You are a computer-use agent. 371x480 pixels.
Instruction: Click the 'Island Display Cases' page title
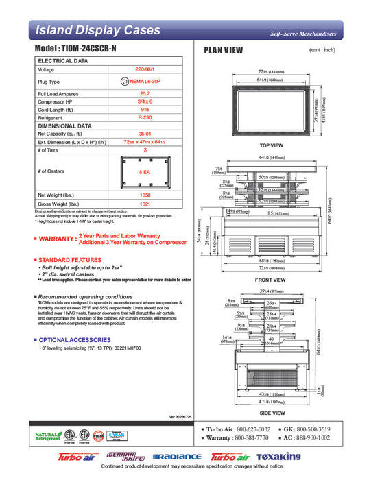coord(97,30)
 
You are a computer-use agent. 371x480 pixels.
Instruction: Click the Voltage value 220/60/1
coord(145,70)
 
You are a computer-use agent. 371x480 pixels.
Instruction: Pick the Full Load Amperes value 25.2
coord(145,93)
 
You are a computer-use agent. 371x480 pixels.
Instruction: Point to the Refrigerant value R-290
coord(145,118)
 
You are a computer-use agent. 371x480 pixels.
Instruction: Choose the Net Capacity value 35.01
coord(145,134)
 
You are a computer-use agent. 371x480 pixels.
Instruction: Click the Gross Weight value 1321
coord(145,204)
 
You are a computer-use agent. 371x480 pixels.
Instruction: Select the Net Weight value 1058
coord(145,195)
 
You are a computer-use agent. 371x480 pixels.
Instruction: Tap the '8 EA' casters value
coord(145,171)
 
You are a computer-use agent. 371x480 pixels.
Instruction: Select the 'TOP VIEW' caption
coord(272,146)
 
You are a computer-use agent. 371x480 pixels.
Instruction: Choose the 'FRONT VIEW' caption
coord(272,279)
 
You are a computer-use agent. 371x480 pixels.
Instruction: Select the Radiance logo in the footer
coord(177,457)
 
